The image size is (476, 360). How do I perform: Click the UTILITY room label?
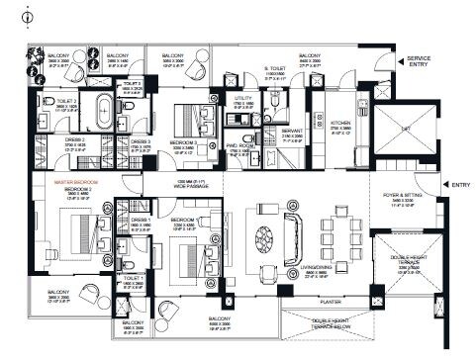pos(243,99)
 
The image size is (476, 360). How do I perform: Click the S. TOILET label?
pos(274,69)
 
